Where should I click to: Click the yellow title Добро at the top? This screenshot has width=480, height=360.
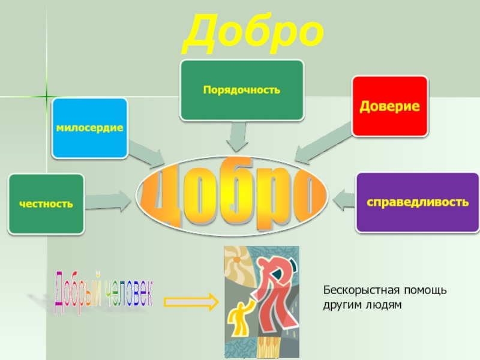click(x=253, y=35)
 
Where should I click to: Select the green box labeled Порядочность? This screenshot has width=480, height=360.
click(x=242, y=90)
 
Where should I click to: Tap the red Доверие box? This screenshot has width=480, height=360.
click(x=389, y=106)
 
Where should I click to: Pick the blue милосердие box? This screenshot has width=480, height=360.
click(x=90, y=128)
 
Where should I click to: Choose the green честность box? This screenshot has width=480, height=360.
click(x=46, y=204)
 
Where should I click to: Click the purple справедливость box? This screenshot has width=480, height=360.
click(x=418, y=202)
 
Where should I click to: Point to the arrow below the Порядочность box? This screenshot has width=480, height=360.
click(x=237, y=137)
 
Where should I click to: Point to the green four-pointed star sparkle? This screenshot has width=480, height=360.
click(x=46, y=95)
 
